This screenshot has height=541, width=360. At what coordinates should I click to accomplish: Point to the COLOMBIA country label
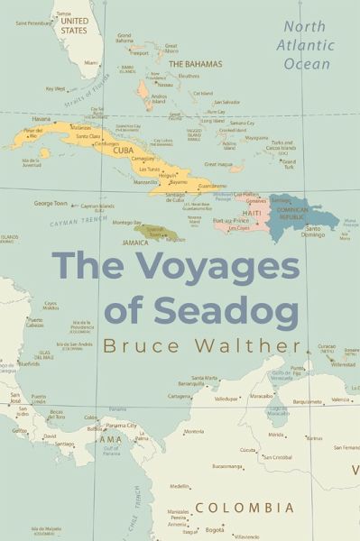245,508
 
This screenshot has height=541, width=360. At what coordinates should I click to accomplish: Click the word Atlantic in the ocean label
307,45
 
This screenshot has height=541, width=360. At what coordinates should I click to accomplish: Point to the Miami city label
91,63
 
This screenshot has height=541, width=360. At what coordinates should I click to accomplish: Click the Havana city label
41,119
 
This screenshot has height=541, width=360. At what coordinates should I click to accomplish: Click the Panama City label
120,425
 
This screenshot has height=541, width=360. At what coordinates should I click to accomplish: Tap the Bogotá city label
215,530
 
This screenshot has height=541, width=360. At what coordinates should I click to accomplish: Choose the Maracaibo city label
261,396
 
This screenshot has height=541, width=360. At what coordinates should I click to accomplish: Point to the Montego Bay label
127,223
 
